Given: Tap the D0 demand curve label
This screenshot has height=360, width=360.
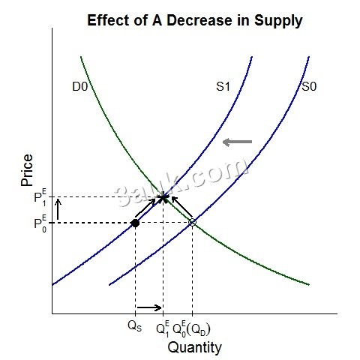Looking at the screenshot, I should tap(81, 88).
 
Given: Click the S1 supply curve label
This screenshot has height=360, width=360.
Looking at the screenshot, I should tap(223, 88).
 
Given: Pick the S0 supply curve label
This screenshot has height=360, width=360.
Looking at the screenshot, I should tap(309, 88).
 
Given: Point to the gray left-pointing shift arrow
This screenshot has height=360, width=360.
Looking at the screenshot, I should tap(238, 142).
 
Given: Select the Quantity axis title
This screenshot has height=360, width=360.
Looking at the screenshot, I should tap(194, 347).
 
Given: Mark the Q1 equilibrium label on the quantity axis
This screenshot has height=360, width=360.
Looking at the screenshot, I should tap(163, 328).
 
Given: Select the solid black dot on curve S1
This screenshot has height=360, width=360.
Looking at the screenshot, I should tap(135, 223).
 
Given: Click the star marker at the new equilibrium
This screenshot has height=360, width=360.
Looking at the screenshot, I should tap(163, 198).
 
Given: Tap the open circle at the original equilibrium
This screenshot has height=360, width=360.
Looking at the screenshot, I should tap(193, 223).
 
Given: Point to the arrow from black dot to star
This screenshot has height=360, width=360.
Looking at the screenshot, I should tap(148, 210).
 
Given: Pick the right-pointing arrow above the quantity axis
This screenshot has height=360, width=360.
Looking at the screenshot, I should tap(148, 307).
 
